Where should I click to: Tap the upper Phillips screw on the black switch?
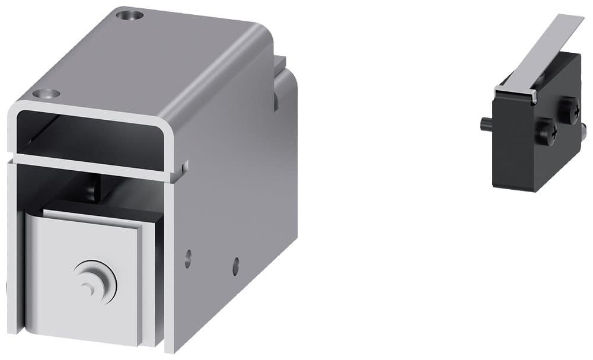tap(569, 110)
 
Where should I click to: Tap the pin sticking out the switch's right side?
tap(583, 128)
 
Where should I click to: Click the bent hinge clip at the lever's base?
tap(516, 92)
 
